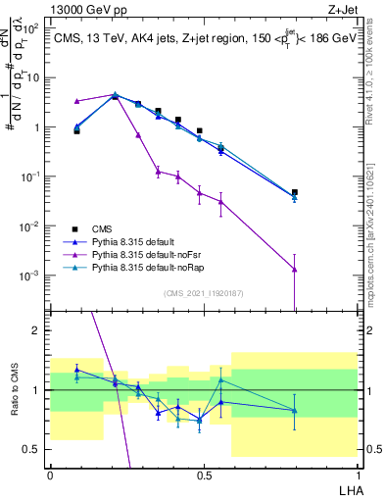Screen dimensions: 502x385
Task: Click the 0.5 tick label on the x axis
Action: point(203,473)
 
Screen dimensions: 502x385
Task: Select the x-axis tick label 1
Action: point(356,473)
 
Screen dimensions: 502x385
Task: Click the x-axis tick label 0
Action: point(50,473)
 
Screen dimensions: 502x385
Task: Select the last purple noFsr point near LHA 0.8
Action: point(321,270)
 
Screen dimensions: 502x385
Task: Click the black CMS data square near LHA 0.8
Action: point(321,193)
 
